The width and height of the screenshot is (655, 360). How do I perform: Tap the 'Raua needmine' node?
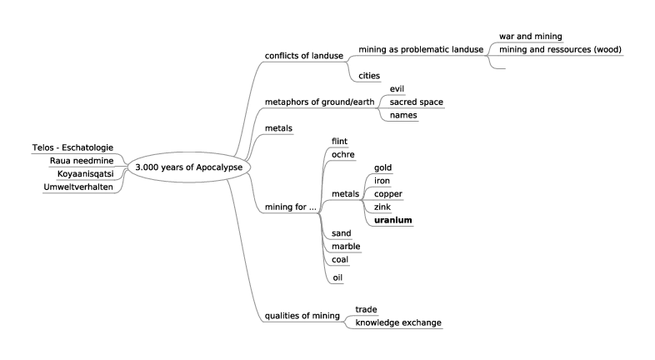click(82, 160)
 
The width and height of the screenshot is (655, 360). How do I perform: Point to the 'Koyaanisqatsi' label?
click(85, 173)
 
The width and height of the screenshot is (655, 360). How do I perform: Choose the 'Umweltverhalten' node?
click(77, 186)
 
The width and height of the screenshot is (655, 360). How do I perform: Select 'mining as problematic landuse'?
click(421, 49)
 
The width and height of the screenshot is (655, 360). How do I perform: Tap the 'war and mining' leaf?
click(530, 37)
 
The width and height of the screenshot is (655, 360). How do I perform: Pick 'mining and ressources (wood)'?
click(560, 49)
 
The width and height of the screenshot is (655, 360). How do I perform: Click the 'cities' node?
click(369, 76)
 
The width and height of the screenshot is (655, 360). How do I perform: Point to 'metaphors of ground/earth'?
click(317, 102)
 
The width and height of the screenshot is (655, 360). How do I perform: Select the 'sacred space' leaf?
click(416, 102)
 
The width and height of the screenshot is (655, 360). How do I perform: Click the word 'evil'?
click(397, 88)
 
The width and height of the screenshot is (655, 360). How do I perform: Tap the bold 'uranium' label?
click(393, 220)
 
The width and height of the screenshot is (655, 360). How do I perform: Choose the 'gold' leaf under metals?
click(382, 167)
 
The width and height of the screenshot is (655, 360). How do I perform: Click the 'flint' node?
click(339, 141)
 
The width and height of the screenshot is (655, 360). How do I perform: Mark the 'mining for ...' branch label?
click(290, 207)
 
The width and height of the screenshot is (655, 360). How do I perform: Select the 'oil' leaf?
click(337, 277)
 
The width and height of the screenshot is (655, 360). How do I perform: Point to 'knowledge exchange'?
click(397, 322)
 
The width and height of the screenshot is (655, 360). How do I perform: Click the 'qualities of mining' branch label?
click(302, 316)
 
